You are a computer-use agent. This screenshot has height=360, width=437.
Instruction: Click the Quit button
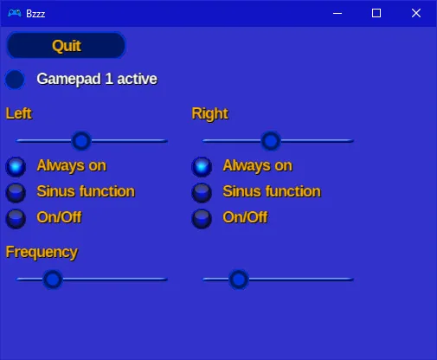(66, 46)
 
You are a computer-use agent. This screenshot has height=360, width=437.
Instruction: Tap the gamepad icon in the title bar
(15, 13)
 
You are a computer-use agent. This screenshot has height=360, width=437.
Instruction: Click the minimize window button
(337, 13)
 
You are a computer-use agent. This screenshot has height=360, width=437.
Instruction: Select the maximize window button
(376, 13)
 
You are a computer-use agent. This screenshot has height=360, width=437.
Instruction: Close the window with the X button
(416, 13)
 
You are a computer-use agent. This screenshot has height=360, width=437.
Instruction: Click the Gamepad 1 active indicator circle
(15, 80)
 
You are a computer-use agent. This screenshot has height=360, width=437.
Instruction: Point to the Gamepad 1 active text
(97, 79)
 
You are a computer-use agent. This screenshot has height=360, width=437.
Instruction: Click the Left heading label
(19, 113)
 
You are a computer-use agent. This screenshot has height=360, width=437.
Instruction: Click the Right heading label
(210, 114)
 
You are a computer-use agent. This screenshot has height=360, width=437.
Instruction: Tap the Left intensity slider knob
(81, 141)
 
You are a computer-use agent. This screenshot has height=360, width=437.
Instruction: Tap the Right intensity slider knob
(271, 141)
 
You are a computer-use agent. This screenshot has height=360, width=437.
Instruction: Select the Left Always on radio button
(16, 167)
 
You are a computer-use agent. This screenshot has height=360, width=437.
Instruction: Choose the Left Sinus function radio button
(16, 192)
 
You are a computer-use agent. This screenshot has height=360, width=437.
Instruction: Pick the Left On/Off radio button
(16, 218)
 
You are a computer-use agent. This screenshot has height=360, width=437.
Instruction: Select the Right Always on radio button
(202, 167)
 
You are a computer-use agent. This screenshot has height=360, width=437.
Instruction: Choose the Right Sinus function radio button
(202, 192)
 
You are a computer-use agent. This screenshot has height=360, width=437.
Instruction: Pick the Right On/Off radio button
(202, 218)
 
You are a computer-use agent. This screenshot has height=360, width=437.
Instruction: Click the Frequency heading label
(42, 253)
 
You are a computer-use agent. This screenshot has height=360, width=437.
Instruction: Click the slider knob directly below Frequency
(53, 280)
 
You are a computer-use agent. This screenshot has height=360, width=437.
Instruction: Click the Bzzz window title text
(35, 14)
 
